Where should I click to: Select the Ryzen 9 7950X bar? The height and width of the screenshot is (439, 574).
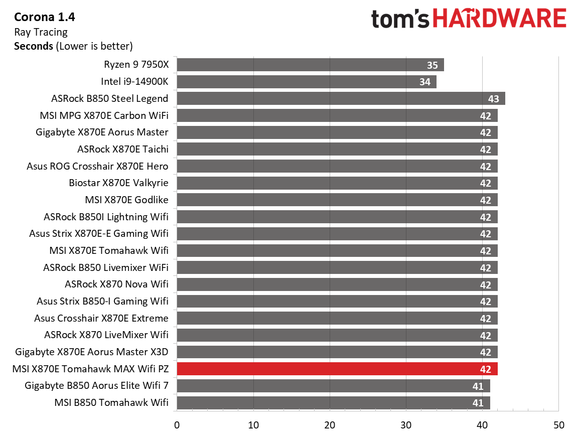point(310,65)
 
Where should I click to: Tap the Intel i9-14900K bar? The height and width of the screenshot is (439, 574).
point(306,82)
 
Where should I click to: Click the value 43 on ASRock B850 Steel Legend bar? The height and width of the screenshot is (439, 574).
point(493,99)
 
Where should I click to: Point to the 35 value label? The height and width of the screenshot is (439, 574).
point(432,65)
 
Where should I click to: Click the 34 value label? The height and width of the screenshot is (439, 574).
point(424,82)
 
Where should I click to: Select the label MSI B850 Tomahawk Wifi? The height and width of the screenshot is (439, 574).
point(111,403)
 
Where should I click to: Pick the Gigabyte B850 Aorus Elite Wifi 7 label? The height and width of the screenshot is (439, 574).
point(96,386)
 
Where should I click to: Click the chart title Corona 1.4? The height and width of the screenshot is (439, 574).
point(45,18)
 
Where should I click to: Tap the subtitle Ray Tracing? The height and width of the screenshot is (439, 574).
point(41,32)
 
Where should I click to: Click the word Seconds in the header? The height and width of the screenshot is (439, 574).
point(33,46)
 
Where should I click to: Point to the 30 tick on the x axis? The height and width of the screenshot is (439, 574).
point(406,425)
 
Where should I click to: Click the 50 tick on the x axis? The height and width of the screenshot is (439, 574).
point(558,425)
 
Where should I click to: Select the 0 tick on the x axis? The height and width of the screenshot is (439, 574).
point(177,425)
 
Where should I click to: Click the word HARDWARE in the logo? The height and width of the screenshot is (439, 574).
point(499,19)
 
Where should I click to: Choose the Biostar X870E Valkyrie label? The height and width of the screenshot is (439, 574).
point(118,183)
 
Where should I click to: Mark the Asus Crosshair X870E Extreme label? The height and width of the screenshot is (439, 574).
point(101,318)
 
